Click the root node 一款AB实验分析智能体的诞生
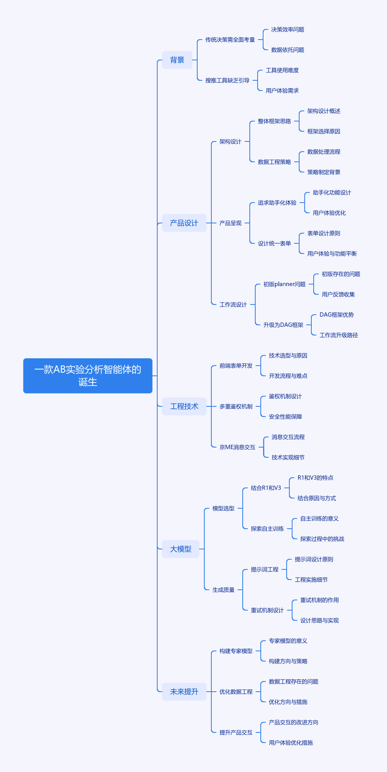88,375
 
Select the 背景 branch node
177,60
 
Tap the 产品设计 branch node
184,223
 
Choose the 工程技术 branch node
184,406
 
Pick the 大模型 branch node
180,549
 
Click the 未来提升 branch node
184,692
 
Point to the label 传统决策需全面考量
230,40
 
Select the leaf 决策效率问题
287,29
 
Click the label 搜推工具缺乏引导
227,80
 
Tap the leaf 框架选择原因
323,131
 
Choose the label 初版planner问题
284,284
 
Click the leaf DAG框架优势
336,315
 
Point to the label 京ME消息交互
237,447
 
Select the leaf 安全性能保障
285,417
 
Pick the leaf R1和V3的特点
315,478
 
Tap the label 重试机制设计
267,610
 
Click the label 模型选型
223,508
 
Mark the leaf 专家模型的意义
288,641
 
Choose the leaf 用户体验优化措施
291,743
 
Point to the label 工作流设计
233,304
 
